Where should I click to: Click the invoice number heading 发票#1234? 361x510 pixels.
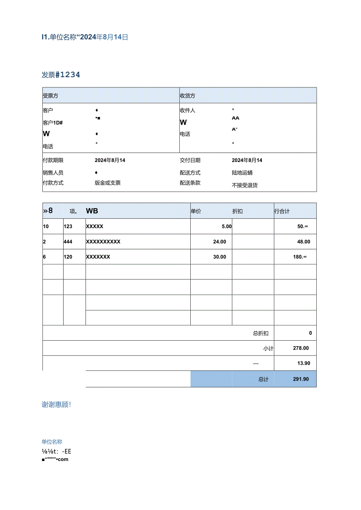pos(61,74)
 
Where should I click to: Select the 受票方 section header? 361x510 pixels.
pos(51,96)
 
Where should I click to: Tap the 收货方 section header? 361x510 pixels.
pos(188,96)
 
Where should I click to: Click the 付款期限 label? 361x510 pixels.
pos(53,160)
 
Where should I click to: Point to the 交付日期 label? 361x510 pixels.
pos(190,160)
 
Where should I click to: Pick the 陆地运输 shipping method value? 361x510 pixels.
pos(242,172)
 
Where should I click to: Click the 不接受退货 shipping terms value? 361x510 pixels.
pos(245,185)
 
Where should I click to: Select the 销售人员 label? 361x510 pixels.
pos(53,172)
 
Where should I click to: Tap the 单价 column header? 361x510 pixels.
pos(196,211)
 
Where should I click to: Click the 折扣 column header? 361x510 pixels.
pos(237,211)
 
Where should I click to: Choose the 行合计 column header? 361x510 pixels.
pos(282,211)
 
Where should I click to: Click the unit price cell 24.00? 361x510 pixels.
pos(219,242)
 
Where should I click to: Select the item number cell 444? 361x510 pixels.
pos(68,242)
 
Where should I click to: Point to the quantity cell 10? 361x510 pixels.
pos(46,227)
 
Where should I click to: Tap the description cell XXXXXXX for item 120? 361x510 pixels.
pos(98,257)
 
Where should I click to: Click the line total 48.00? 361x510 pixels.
pos(303,242)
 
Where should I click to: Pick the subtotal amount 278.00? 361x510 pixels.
pos(301,348)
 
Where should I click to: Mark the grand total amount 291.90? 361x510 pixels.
pos(301,379)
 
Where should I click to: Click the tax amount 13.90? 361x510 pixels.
pos(303,363)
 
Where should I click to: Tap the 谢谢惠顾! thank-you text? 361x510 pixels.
pos(57,405)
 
